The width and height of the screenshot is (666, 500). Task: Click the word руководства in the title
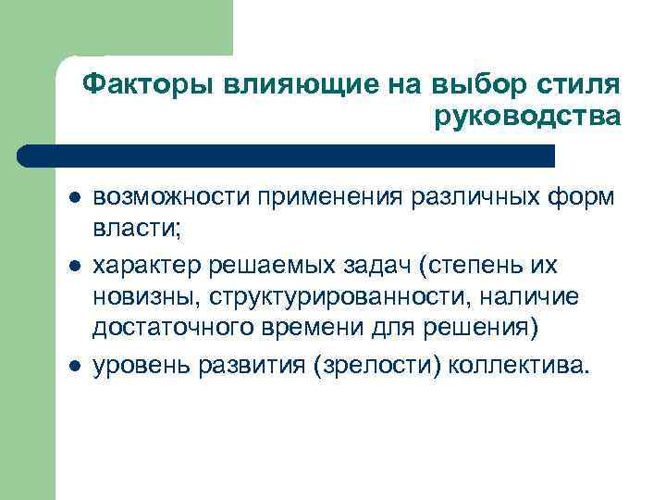click(x=524, y=118)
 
